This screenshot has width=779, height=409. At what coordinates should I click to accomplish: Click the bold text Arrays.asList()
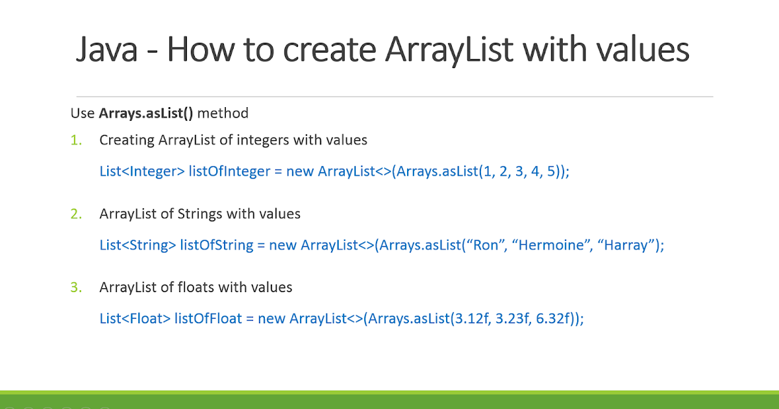(146, 113)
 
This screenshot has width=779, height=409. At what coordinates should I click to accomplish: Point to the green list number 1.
(77, 140)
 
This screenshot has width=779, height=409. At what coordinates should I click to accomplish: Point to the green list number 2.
(77, 214)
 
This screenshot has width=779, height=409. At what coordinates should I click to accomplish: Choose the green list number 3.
(77, 287)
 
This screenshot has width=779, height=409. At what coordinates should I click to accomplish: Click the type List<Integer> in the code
(142, 171)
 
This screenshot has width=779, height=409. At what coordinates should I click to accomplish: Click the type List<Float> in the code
(135, 319)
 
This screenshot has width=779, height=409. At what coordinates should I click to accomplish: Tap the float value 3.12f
(469, 319)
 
